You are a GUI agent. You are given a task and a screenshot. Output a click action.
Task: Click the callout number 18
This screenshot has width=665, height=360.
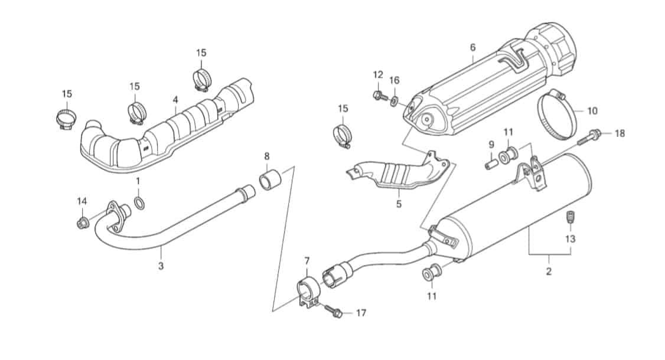click(620, 133)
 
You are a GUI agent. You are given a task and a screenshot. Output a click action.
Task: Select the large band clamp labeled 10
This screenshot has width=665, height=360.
click(558, 114)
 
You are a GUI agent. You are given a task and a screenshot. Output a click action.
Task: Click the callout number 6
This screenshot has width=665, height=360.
click(473, 47)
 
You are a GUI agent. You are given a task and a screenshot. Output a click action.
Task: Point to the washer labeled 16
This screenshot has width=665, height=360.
click(395, 100)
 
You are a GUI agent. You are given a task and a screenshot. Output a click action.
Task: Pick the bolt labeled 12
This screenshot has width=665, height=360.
click(380, 96)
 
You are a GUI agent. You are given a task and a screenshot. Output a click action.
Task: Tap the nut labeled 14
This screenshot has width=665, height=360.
click(82, 222)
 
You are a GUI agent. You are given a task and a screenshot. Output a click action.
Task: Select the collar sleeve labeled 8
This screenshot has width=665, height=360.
click(270, 180)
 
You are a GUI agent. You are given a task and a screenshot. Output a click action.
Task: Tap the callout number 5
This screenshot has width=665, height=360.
click(399, 204)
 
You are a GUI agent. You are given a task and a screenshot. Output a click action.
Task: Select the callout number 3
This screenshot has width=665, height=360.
click(161, 266)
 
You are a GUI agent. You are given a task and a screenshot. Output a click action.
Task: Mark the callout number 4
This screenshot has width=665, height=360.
click(175, 100)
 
